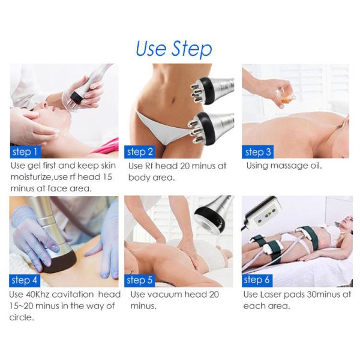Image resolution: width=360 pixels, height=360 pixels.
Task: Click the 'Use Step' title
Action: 174,49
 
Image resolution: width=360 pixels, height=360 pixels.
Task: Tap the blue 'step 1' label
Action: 25,152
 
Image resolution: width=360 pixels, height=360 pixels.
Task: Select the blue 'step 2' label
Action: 140,152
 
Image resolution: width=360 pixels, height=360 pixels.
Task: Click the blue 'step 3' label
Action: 257,152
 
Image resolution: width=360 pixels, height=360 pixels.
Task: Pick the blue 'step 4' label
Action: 25,280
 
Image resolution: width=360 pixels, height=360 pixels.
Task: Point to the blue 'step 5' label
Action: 140,280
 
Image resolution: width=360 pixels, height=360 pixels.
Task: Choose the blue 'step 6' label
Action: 257,280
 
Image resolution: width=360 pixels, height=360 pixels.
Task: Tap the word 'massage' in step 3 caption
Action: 290,166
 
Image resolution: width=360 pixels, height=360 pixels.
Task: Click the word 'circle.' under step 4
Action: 22,317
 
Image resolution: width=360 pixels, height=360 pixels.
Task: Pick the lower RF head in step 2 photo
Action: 210,128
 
